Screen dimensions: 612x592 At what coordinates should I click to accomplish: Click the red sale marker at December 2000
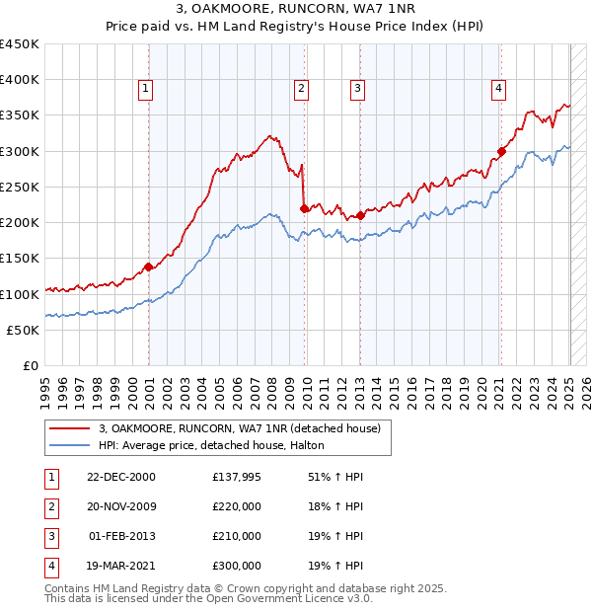click(x=148, y=267)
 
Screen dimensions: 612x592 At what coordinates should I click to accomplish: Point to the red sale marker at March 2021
click(x=501, y=151)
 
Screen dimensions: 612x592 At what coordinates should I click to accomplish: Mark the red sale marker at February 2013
click(x=360, y=215)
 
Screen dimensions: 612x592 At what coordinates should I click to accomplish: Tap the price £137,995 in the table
click(x=236, y=477)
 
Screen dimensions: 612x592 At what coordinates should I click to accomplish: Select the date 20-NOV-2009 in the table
click(x=120, y=506)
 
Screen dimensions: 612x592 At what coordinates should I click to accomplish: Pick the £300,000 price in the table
click(x=236, y=566)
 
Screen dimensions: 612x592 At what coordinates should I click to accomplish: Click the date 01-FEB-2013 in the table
click(x=121, y=536)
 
